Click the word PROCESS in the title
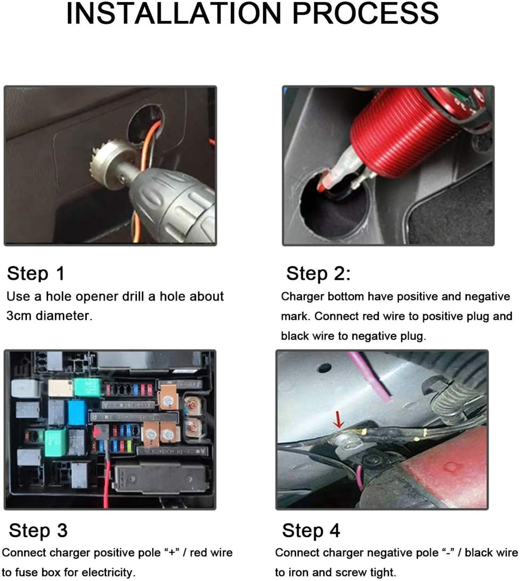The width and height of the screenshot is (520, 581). coord(365,13)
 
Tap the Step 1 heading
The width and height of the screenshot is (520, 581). coord(36,273)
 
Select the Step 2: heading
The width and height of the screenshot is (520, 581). coord(318,273)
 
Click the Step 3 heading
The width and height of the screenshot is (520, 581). coord(38,530)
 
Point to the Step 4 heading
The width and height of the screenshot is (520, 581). coord(311,530)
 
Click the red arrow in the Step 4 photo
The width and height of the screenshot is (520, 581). coord(339,420)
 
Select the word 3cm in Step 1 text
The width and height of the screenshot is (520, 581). coord(19,316)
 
